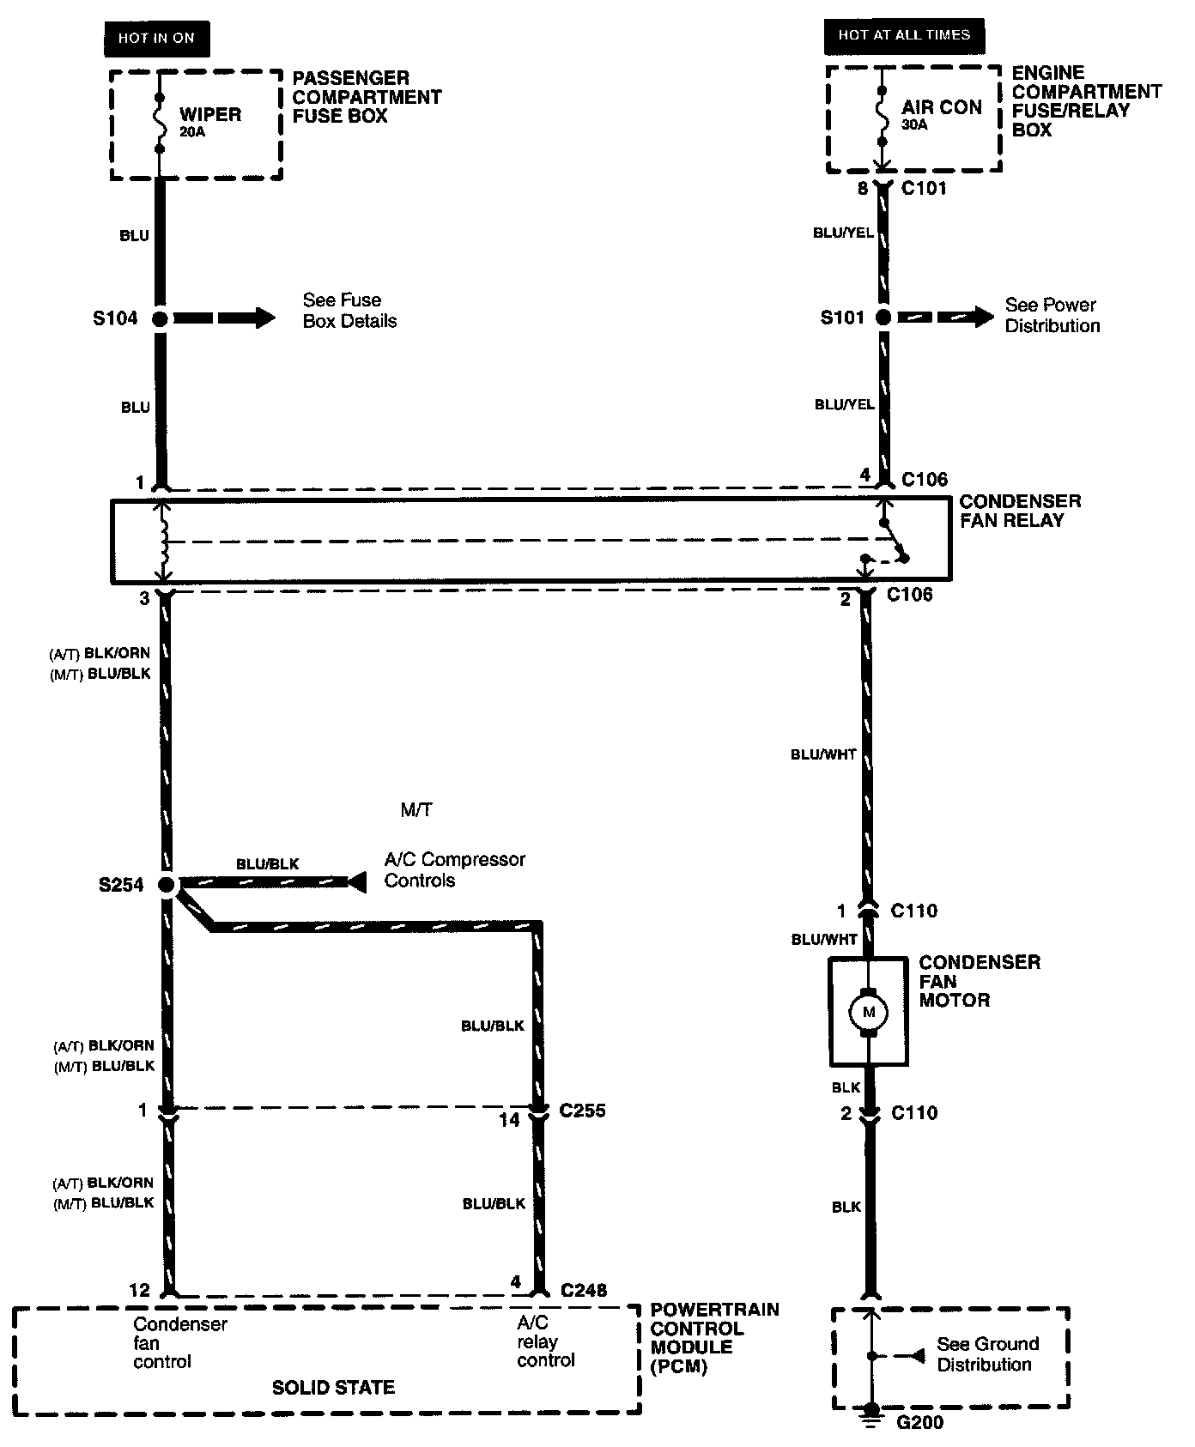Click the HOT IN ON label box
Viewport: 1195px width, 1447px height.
coord(156,39)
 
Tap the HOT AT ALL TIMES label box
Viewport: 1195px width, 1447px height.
coord(904,35)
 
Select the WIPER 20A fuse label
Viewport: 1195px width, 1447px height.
coord(209,121)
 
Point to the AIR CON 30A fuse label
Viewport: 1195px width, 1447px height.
coord(941,114)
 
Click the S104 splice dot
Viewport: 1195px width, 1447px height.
coord(160,319)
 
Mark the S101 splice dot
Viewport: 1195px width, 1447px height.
coord(883,318)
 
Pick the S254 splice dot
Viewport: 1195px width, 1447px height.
coord(167,884)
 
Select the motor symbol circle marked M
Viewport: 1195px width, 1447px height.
coord(868,1012)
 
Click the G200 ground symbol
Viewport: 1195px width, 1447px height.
coord(871,1412)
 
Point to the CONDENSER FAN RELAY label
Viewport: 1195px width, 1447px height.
coord(1020,511)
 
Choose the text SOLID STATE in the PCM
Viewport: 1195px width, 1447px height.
coord(333,1388)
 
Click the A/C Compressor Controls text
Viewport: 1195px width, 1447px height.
coord(454,869)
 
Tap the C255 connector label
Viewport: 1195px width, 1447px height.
coord(582,1111)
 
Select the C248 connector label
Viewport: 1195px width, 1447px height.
coord(584,1290)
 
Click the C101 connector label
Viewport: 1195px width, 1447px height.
coord(924,188)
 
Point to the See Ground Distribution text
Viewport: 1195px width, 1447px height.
coord(987,1353)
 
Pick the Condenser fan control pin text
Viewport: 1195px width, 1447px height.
coord(179,1342)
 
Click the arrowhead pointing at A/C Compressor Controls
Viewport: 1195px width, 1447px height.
coord(356,881)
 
